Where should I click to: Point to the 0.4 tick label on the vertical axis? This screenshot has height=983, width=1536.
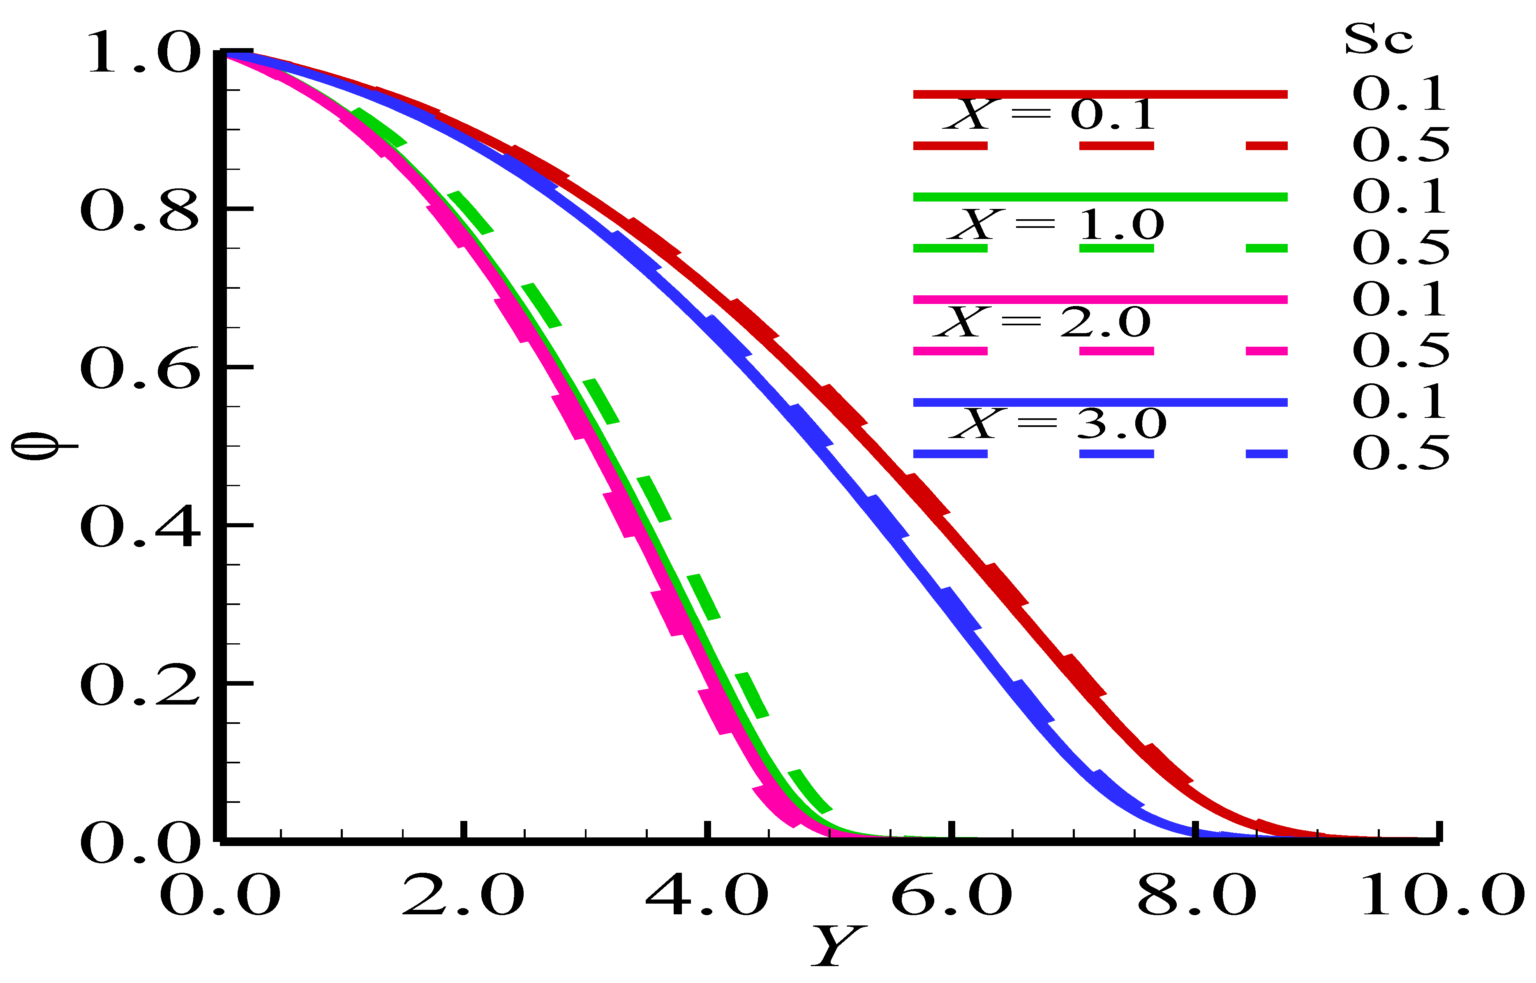pos(139,528)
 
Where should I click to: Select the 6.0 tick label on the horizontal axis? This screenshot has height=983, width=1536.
pos(951,895)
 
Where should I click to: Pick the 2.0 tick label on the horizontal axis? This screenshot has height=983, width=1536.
pos(463,895)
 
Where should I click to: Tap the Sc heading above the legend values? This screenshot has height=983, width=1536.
pos(1378,39)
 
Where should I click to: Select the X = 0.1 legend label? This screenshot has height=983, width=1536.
pos(1049,115)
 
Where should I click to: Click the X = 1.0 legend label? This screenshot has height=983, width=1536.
pos(1056,225)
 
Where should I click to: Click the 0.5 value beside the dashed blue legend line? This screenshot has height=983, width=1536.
pos(1400,454)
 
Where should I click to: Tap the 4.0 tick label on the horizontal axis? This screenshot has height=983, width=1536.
pos(707,895)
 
